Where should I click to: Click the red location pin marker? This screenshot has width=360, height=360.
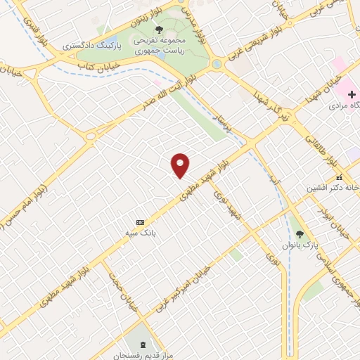coord(181,165)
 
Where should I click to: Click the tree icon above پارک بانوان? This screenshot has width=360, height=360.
coord(300,234)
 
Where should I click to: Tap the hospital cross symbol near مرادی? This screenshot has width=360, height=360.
coord(352,94)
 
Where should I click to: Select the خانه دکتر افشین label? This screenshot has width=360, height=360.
coord(330,188)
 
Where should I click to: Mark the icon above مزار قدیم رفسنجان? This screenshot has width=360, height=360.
coord(144,345)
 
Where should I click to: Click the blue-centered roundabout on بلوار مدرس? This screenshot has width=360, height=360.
coord(217,64)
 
